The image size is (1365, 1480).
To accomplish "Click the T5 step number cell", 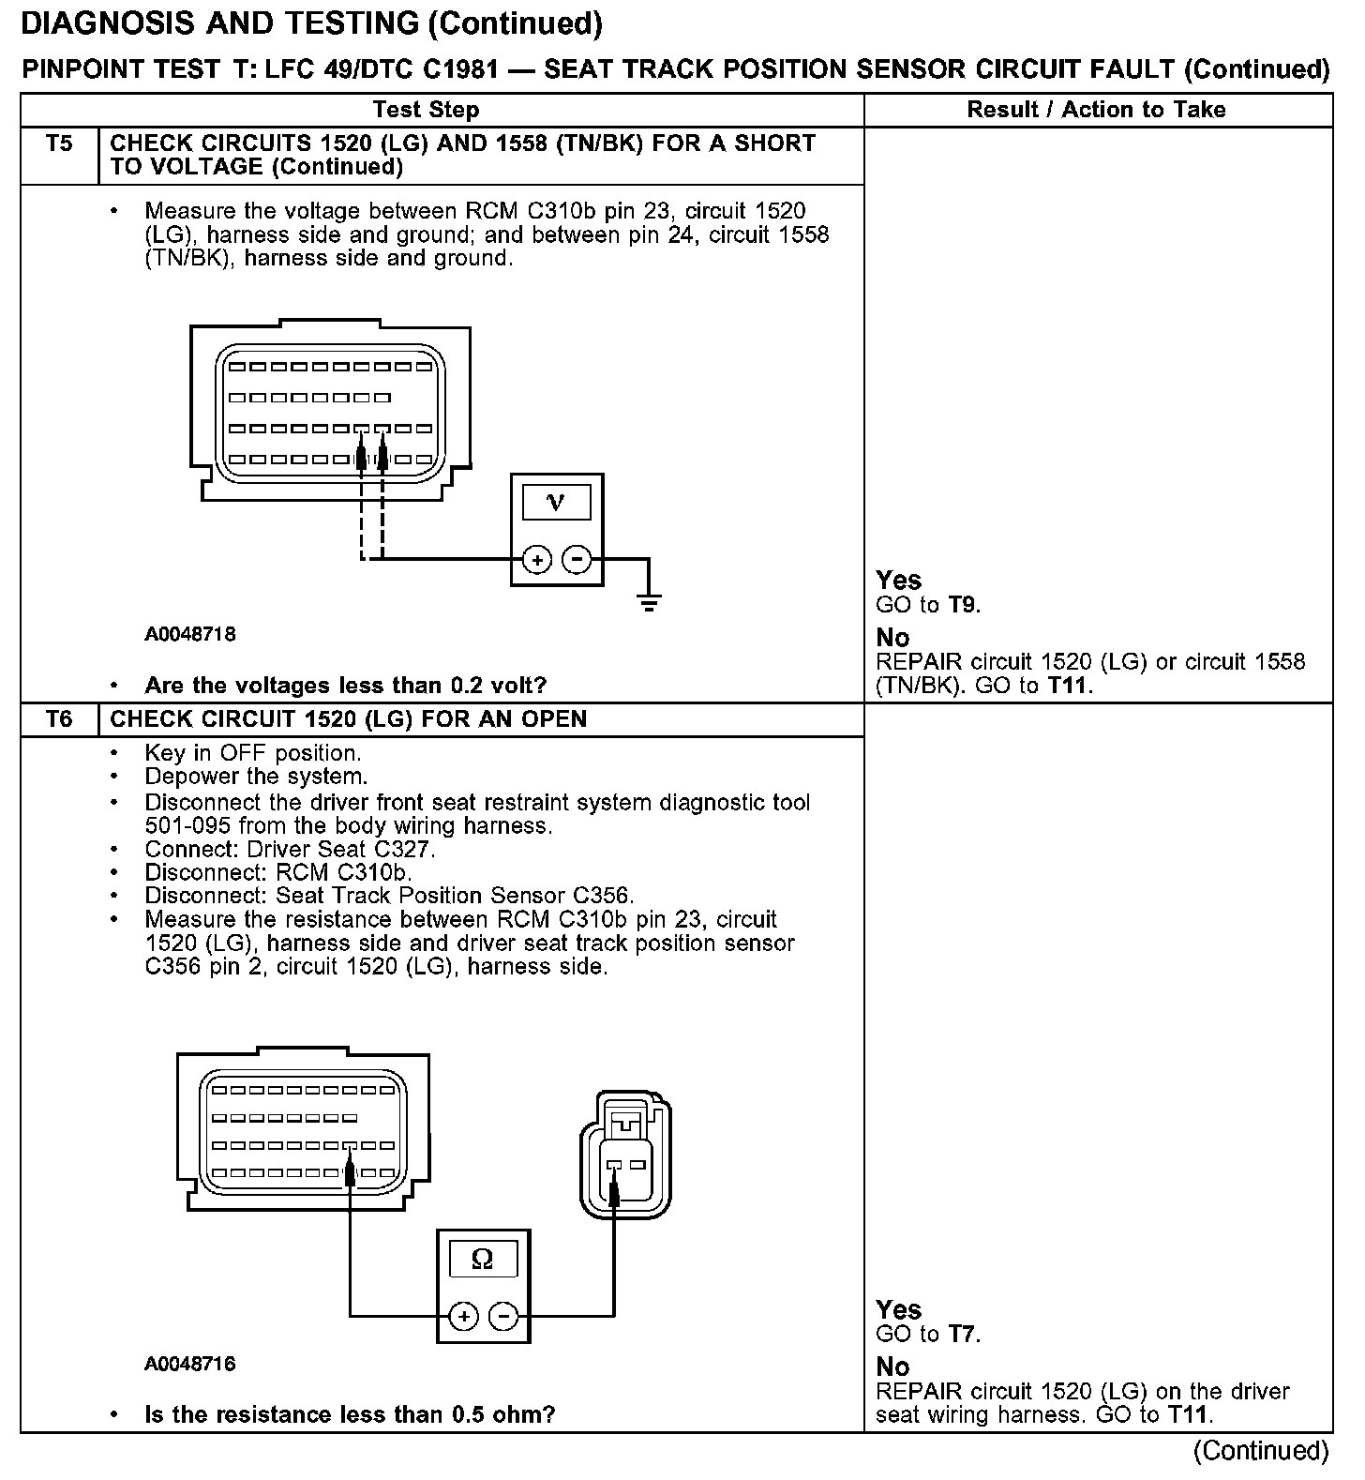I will click(58, 144).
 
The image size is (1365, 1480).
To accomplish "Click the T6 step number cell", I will click(58, 719).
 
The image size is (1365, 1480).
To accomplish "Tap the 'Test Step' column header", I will click(426, 110).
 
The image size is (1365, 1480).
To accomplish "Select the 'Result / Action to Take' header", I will click(1096, 110).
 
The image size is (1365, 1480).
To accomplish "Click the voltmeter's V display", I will click(556, 503).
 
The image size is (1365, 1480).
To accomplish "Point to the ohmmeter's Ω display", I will click(482, 1259).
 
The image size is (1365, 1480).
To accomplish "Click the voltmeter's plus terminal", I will click(537, 561).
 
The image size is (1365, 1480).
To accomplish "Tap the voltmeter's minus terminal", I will click(577, 561).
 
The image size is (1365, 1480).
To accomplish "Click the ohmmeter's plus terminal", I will click(463, 1317).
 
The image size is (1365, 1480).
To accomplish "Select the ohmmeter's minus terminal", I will click(503, 1317).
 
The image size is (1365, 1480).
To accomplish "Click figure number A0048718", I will click(190, 635).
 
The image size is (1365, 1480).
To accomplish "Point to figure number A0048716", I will click(190, 1364).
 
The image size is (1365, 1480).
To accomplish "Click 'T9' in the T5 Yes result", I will click(963, 605).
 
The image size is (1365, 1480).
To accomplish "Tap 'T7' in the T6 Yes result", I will click(963, 1334).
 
